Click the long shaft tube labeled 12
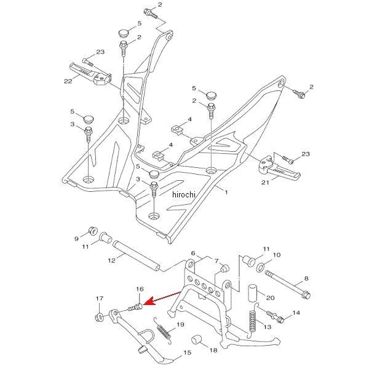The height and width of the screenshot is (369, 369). coord(135,258)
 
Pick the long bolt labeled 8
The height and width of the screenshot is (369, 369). coord(286,284)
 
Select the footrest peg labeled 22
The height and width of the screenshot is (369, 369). coord(95,74)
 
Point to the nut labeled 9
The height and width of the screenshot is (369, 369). coord(94,231)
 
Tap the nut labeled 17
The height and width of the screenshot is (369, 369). coord(98,317)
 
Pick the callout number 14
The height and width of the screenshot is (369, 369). coord(296,313)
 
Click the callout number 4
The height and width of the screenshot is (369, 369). coord(189,119)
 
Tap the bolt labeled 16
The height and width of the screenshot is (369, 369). coord(137,304)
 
